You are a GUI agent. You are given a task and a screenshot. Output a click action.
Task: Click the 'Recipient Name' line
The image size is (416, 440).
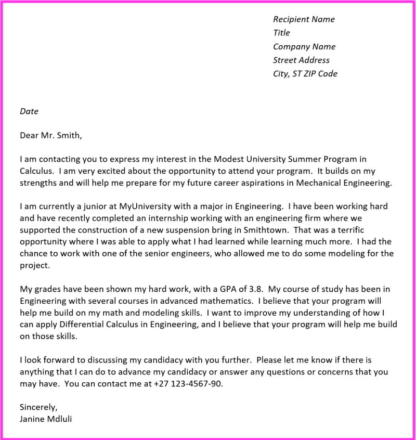coord(304,19)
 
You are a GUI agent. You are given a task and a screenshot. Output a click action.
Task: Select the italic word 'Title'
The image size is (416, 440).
coord(281,33)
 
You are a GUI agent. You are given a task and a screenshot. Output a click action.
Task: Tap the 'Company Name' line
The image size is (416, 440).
coord(304,46)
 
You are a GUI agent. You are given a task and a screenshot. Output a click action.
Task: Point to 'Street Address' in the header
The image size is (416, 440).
coord(301,60)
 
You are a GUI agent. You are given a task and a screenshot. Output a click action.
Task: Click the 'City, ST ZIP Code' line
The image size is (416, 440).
coord(305,73)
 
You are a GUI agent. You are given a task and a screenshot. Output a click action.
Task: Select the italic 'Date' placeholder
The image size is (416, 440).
coord(29,111)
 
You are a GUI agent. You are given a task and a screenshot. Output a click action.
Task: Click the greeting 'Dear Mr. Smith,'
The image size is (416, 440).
coord(51,136)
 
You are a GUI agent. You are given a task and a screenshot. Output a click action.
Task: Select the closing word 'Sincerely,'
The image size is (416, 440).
coord(38,407)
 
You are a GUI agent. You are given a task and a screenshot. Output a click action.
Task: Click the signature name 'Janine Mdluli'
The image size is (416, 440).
coord(46,419)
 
